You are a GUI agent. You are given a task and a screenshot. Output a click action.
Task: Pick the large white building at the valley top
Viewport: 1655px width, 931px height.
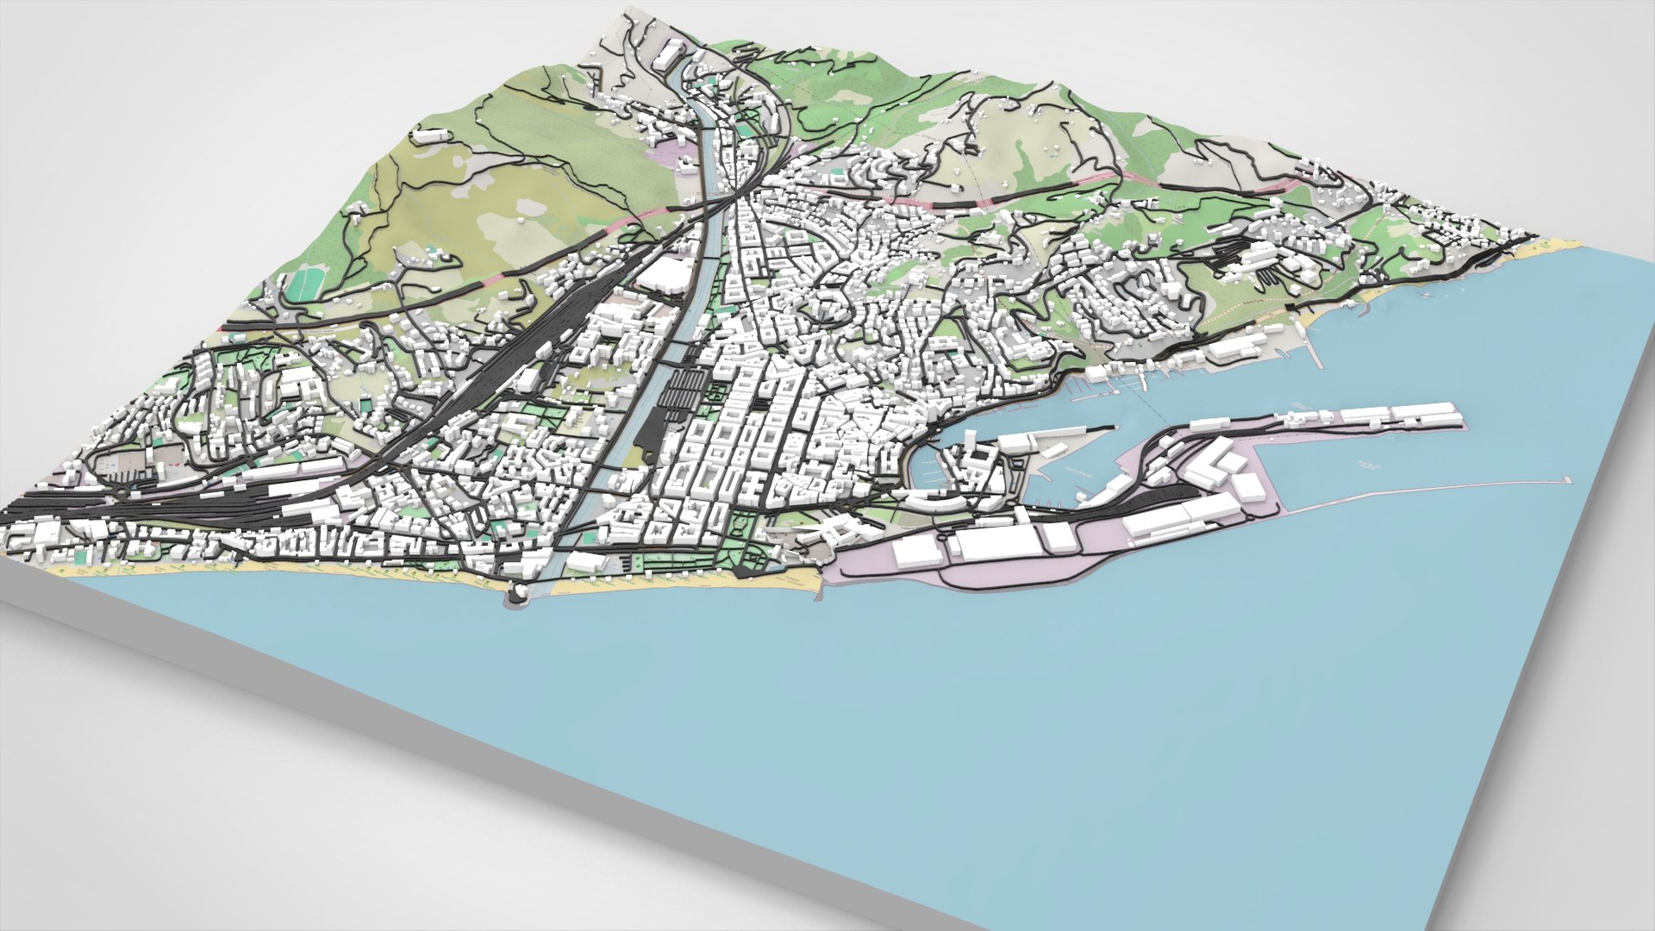tap(667, 55)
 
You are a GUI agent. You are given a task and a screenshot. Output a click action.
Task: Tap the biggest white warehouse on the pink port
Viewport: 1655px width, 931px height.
tap(996, 544)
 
